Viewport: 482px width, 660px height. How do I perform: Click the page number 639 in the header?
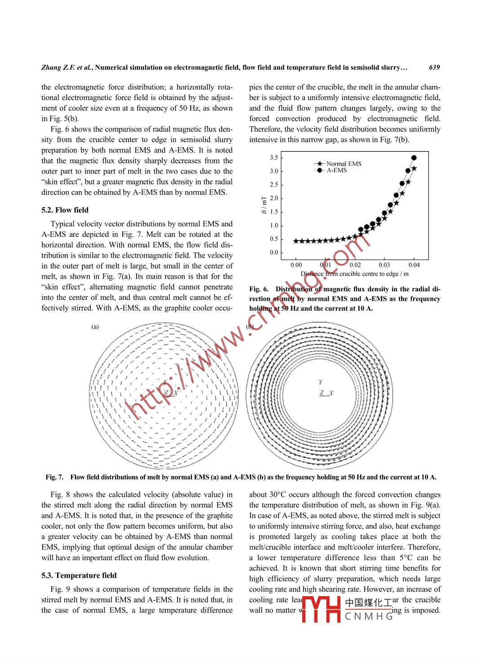point(434,67)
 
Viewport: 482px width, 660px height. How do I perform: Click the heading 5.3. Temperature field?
point(79,575)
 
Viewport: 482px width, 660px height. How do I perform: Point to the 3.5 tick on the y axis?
point(274,157)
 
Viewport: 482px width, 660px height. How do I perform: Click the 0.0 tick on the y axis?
point(274,253)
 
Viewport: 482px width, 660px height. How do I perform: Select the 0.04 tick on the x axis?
point(414,265)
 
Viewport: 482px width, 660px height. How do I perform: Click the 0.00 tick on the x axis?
point(296,265)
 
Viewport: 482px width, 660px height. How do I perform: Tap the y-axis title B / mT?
point(264,205)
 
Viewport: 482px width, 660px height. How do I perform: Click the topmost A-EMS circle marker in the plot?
point(414,158)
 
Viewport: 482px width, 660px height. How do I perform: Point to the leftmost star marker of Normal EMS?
point(296,241)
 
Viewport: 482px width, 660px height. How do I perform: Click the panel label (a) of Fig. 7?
point(95,326)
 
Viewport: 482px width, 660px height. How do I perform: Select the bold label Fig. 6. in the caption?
point(259,289)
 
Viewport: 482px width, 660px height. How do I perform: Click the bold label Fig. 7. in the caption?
point(54,477)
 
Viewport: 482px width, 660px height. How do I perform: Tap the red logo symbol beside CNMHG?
point(321,609)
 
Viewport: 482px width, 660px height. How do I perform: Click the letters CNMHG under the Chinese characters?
point(369,616)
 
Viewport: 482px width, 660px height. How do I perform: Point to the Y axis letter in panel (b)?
point(321,382)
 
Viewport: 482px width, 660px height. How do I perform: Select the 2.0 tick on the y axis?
point(274,198)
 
